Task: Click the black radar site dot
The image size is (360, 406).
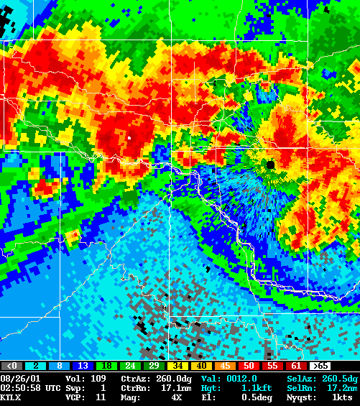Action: [270, 165]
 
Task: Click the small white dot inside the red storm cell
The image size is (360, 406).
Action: [129, 136]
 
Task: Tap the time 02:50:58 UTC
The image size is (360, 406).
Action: [30, 387]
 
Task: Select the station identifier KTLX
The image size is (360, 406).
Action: [11, 397]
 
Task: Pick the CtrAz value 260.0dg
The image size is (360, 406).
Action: [165, 378]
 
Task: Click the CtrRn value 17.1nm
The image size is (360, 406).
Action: [165, 387]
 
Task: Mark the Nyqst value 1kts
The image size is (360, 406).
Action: [342, 397]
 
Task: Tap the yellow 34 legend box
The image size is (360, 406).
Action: [179, 366]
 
